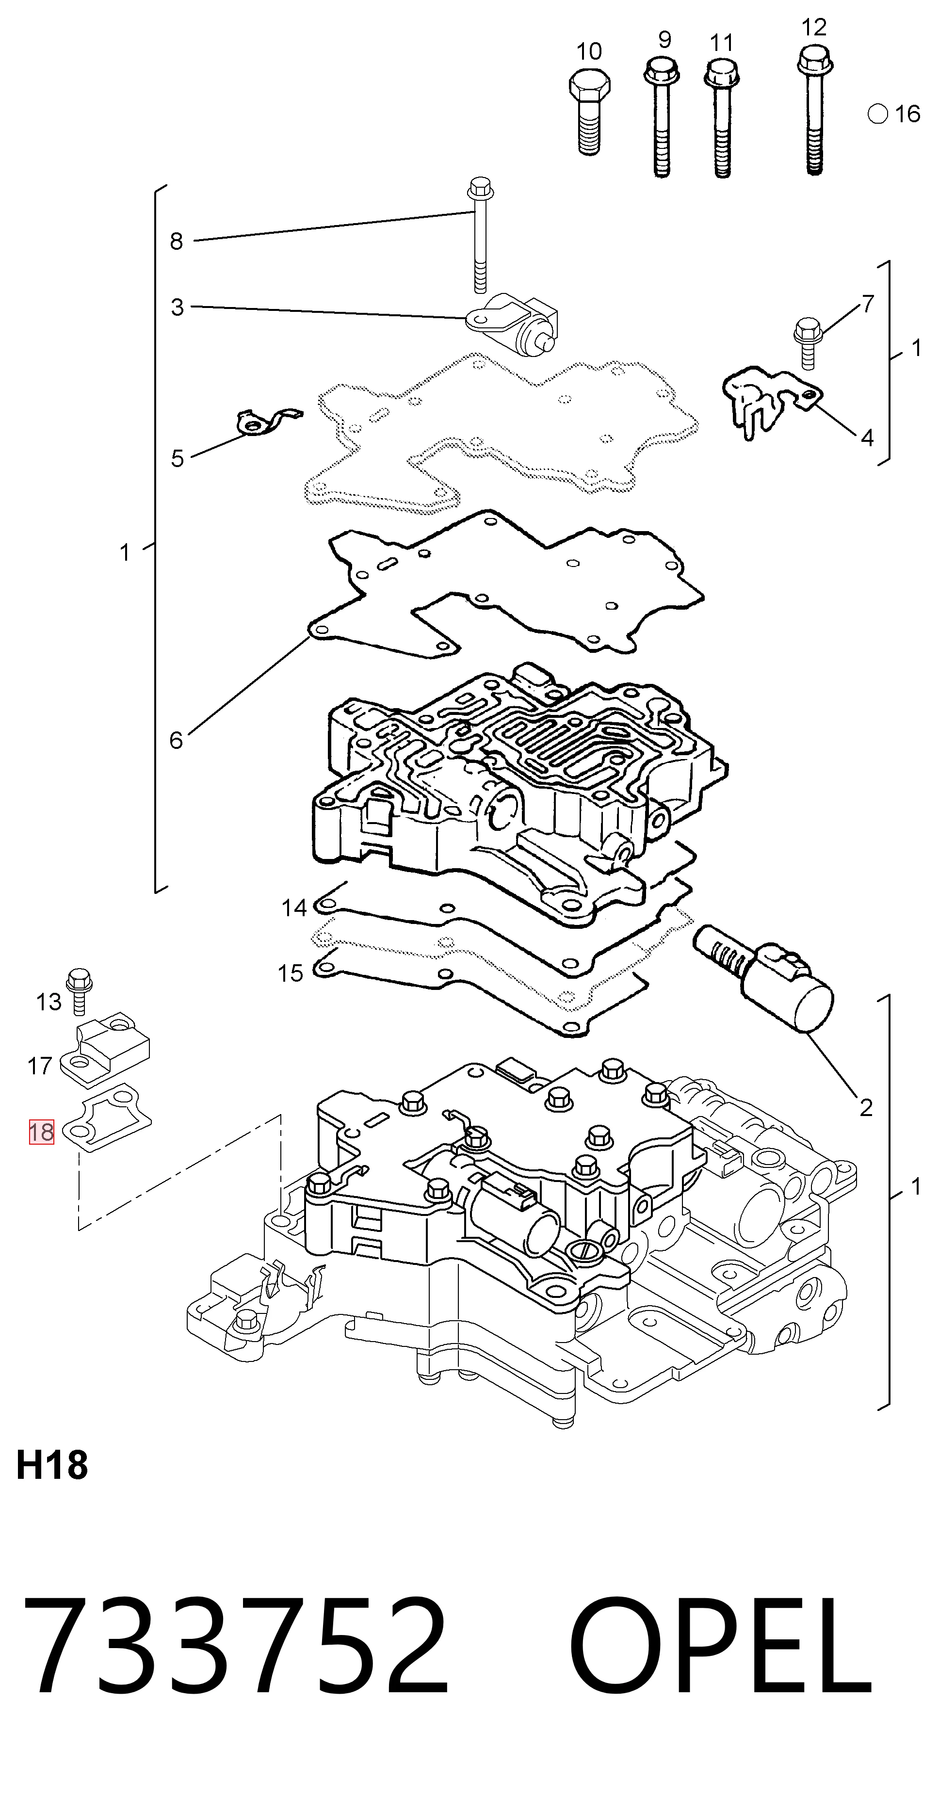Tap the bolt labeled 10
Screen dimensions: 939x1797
[589, 111]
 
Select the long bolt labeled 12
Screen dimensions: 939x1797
[814, 110]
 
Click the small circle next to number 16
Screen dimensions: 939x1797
[877, 113]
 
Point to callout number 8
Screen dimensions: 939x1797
[177, 242]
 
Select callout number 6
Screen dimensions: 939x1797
[177, 740]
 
